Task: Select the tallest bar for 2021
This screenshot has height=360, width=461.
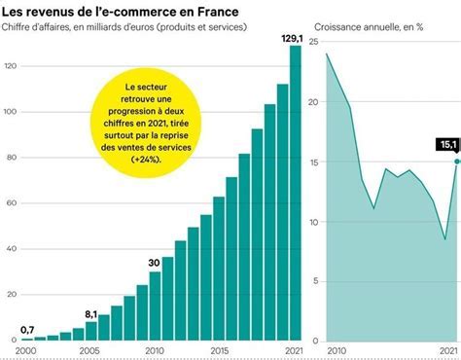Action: [x=296, y=195]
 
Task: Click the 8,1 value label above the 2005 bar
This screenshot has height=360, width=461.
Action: [x=89, y=314]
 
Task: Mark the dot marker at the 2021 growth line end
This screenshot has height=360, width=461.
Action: [x=456, y=162]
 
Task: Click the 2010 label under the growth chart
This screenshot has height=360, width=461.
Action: [x=337, y=349]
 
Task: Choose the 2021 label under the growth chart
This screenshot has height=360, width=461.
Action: [x=448, y=349]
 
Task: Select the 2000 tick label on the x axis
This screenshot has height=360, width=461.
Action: [x=26, y=349]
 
